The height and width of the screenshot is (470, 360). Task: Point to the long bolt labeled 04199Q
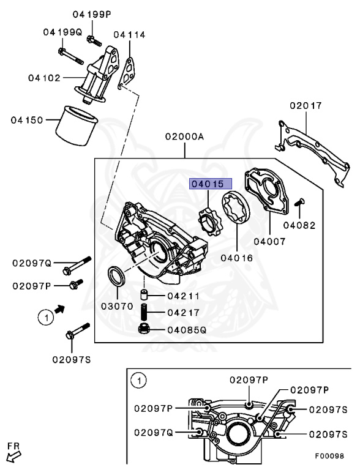[x=72, y=54]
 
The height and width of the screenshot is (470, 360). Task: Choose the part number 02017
[x=306, y=106]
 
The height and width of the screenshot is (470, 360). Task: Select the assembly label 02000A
[x=184, y=137]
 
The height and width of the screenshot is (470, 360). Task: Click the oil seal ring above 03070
[x=117, y=276]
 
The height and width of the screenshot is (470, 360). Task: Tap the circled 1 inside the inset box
[x=139, y=381]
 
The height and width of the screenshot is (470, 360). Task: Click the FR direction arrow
[x=13, y=455]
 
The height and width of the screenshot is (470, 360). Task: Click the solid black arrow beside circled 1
[x=59, y=310]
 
